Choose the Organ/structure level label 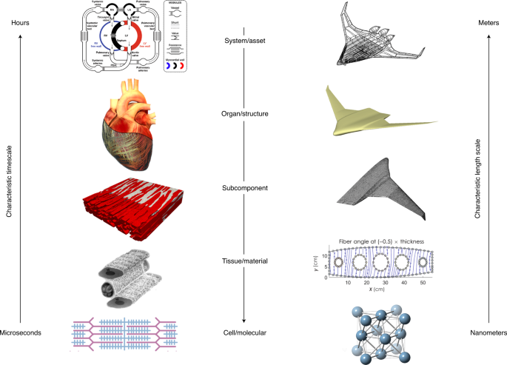tap(244, 114)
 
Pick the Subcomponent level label tap(244, 187)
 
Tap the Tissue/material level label tap(244, 260)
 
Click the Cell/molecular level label tap(244, 333)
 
